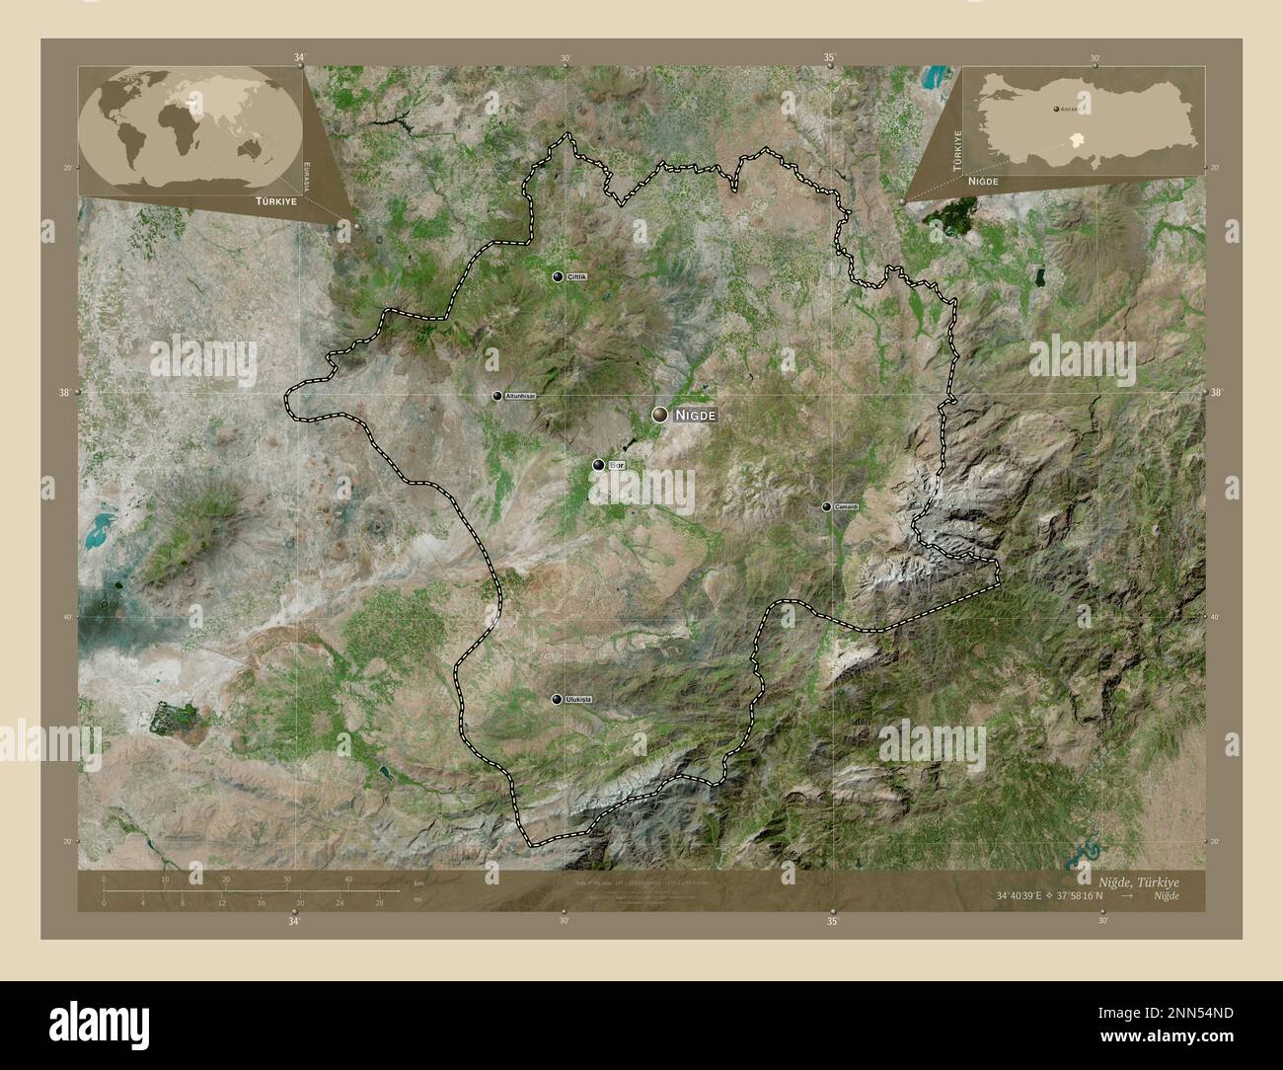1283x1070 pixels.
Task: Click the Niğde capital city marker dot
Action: (x=659, y=416)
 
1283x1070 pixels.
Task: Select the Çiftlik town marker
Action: (x=558, y=277)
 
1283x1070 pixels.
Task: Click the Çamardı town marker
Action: (x=826, y=506)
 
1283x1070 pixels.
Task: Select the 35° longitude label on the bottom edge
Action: (x=832, y=922)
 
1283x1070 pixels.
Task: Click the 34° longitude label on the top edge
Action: (x=299, y=57)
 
